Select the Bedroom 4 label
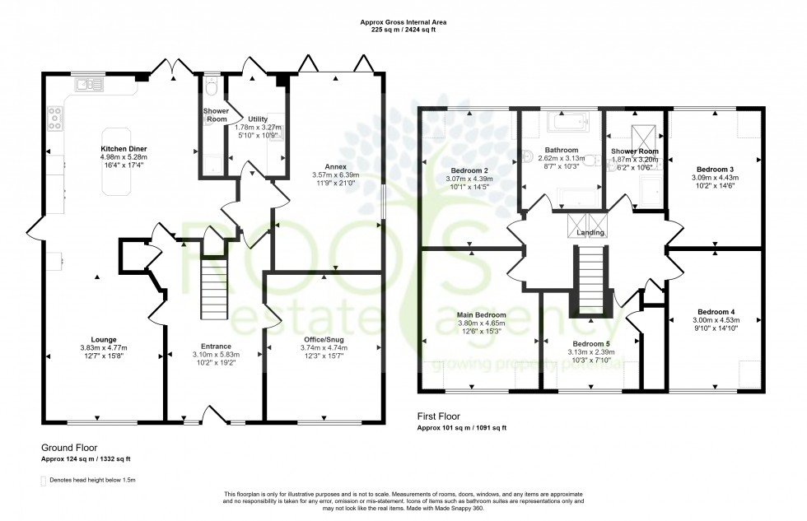(x=715, y=312)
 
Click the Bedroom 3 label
(x=715, y=168)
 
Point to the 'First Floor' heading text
(x=441, y=417)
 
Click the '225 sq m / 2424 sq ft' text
(x=403, y=30)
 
